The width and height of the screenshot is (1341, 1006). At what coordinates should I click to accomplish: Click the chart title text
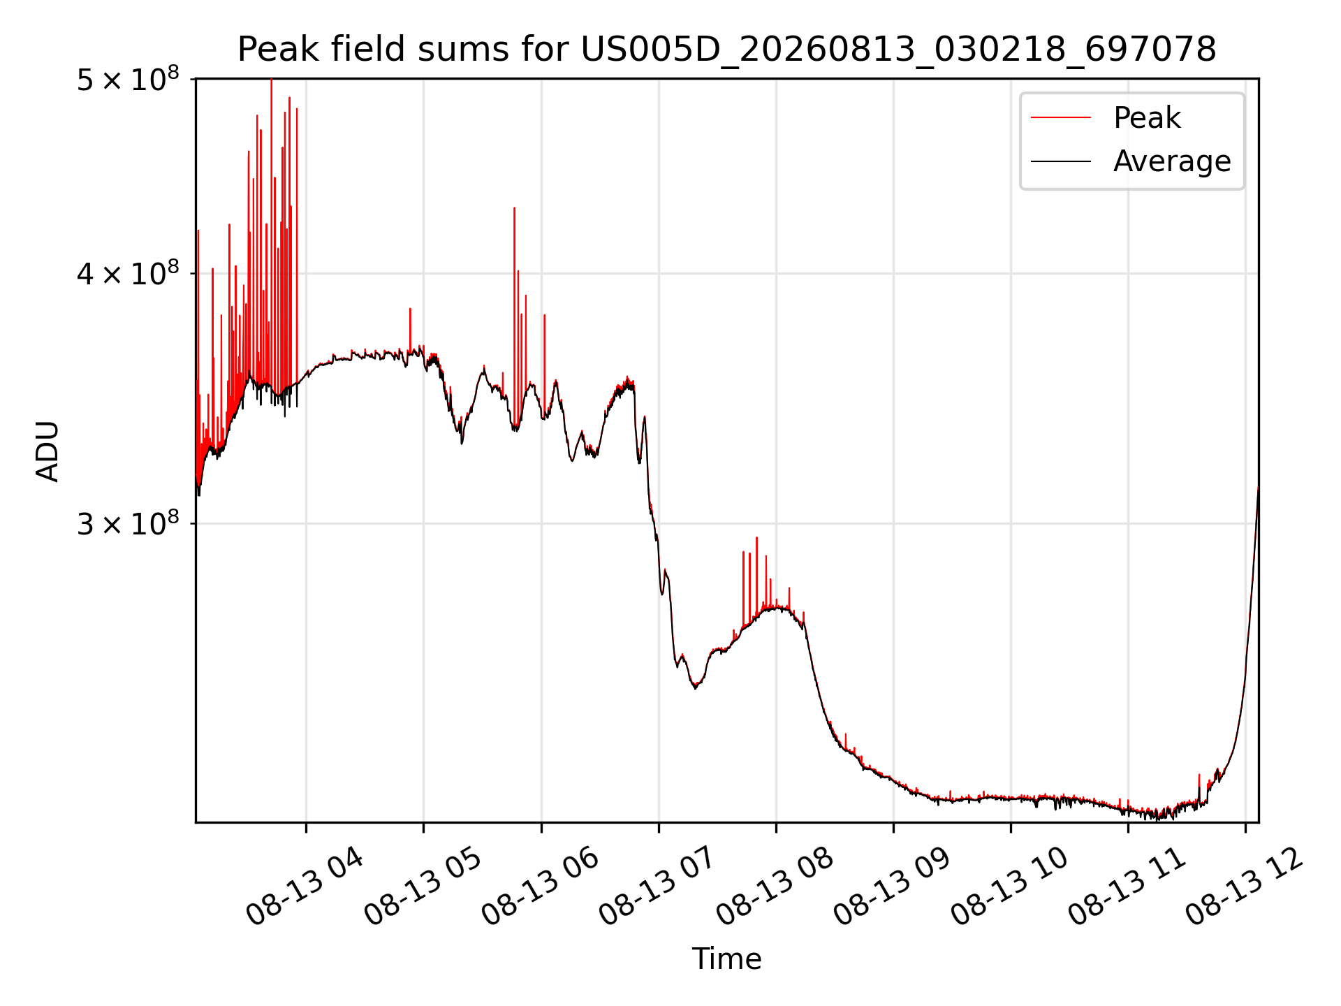point(726,50)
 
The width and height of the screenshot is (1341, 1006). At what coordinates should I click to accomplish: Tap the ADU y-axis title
point(47,451)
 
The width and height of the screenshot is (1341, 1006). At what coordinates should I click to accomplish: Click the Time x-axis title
point(726,958)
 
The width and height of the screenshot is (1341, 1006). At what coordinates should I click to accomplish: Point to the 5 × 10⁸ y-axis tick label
point(128,78)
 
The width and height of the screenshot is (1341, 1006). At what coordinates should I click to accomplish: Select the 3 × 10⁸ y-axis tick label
point(128,523)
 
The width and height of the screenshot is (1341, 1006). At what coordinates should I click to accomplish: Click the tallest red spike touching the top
point(272,231)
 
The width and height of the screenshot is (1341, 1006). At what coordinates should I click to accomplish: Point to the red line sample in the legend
point(1061,117)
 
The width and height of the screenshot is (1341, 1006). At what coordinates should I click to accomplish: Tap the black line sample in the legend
point(1061,161)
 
